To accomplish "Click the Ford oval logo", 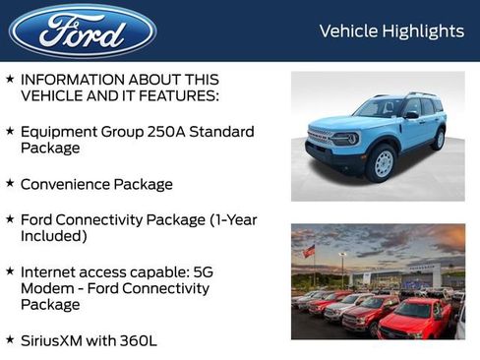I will click(x=83, y=30).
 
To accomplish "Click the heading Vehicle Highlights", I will click(x=391, y=31).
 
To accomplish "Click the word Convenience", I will click(x=68, y=184).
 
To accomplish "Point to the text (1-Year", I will click(x=227, y=219).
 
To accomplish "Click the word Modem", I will click(x=45, y=288).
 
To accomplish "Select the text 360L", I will click(x=138, y=341).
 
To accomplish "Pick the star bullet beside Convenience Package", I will click(x=10, y=184).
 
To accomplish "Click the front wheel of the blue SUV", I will click(x=381, y=163).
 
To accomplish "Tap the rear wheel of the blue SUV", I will click(x=438, y=140).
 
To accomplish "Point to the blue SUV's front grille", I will click(x=319, y=138).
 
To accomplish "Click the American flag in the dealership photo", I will click(x=309, y=251).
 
